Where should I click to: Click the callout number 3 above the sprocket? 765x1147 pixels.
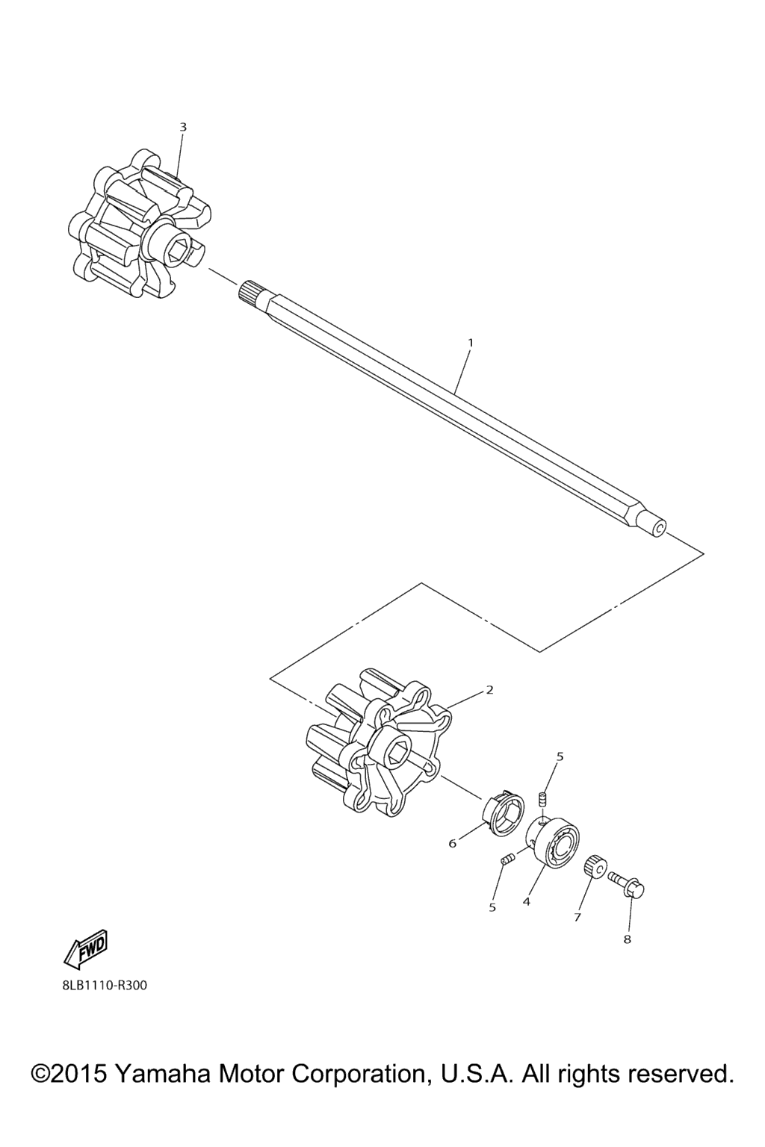pyautogui.click(x=183, y=127)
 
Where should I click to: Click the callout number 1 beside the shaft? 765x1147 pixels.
pyautogui.click(x=471, y=343)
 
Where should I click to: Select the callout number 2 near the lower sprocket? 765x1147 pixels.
pyautogui.click(x=489, y=690)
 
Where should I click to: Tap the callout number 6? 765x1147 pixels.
pyautogui.click(x=452, y=842)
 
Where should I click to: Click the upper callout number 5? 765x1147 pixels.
pyautogui.click(x=560, y=756)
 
